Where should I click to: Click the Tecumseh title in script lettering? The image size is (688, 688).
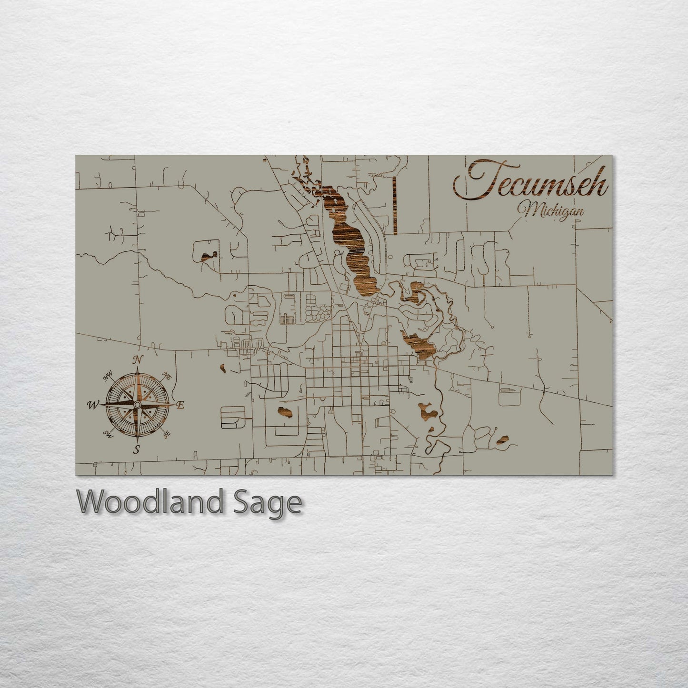pyautogui.click(x=530, y=182)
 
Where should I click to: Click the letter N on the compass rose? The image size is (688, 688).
pyautogui.click(x=138, y=360)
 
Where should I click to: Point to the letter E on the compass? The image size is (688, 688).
pyautogui.click(x=180, y=405)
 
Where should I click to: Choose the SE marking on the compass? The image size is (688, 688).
pyautogui.click(x=166, y=434)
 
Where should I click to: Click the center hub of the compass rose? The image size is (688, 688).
pyautogui.click(x=137, y=404)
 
